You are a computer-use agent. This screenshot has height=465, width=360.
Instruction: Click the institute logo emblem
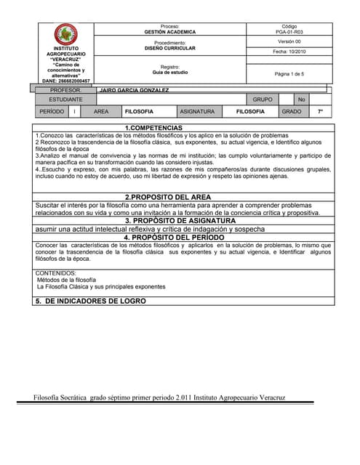coord(66,33)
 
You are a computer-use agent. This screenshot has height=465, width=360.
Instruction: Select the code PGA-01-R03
coord(289,32)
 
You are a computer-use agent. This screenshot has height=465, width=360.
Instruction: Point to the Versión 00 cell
coord(289,42)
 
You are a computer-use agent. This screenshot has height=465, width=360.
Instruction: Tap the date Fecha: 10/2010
coord(289,52)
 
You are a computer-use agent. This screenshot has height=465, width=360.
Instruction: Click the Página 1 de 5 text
coord(289,74)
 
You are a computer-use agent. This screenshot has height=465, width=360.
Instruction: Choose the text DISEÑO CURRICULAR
coord(170,49)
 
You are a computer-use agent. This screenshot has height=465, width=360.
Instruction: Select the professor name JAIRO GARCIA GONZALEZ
coord(134,90)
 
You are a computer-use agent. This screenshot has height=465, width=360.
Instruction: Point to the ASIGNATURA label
coord(197,112)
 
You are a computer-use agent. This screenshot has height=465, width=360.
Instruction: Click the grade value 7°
coord(320,112)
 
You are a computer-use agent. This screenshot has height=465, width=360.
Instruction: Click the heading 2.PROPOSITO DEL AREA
coord(168,197)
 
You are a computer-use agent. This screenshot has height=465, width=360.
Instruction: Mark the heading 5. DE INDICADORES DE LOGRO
coord(90,301)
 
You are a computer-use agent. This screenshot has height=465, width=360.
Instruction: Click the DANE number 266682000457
coord(66,81)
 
